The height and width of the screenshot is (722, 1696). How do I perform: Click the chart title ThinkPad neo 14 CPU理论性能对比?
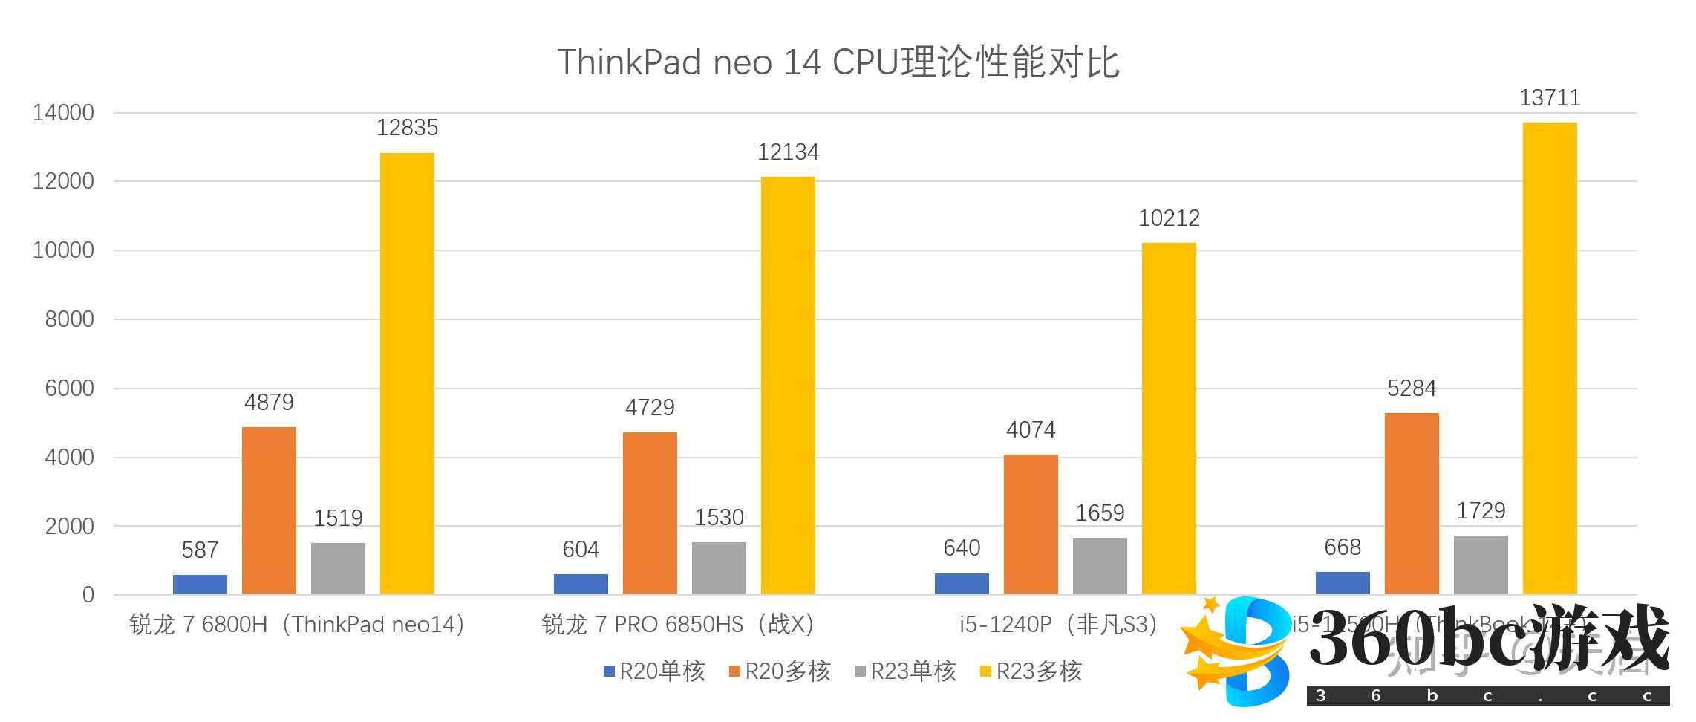[x=838, y=62]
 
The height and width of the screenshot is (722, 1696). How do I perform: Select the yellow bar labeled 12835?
[x=407, y=373]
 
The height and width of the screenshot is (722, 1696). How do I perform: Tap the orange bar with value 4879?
[x=269, y=510]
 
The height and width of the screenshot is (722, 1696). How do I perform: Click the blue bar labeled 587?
[x=200, y=584]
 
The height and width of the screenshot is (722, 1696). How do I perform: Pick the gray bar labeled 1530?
[x=719, y=568]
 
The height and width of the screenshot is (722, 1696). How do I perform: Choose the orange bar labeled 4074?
[x=1031, y=524]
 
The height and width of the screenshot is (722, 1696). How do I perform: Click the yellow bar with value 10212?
[x=1169, y=418]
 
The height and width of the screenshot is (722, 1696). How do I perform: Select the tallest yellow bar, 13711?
[x=1550, y=358]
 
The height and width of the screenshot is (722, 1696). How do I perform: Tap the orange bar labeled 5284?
[x=1412, y=503]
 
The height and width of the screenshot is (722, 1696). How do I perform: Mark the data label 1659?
[x=1100, y=513]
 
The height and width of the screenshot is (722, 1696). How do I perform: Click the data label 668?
[x=1343, y=547]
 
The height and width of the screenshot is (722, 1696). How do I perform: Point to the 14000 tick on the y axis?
[x=63, y=113]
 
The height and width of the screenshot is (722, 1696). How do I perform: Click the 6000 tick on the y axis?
[x=69, y=388]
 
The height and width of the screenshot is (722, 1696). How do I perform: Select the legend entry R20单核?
[x=654, y=671]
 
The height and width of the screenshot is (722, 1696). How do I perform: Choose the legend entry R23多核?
[x=1031, y=671]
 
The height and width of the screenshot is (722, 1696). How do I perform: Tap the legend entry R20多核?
[x=780, y=671]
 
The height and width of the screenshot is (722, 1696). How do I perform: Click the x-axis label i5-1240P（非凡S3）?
[x=1059, y=625]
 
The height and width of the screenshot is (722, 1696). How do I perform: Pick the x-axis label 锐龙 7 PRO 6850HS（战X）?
[x=678, y=625]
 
